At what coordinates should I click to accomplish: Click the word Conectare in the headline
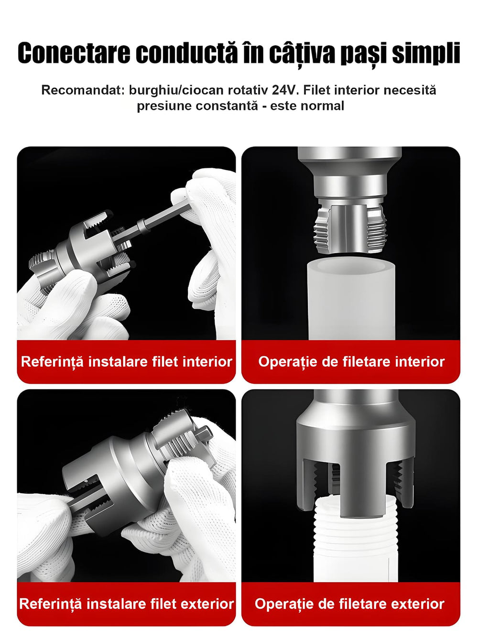pyautogui.click(x=74, y=53)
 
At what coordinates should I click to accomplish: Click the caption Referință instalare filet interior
pyautogui.click(x=126, y=362)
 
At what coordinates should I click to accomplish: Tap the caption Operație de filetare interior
pyautogui.click(x=351, y=362)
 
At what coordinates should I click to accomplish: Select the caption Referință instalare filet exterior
pyautogui.click(x=126, y=604)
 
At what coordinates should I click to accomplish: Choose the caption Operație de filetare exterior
pyautogui.click(x=349, y=604)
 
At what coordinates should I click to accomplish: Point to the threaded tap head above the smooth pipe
pyautogui.click(x=350, y=229)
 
